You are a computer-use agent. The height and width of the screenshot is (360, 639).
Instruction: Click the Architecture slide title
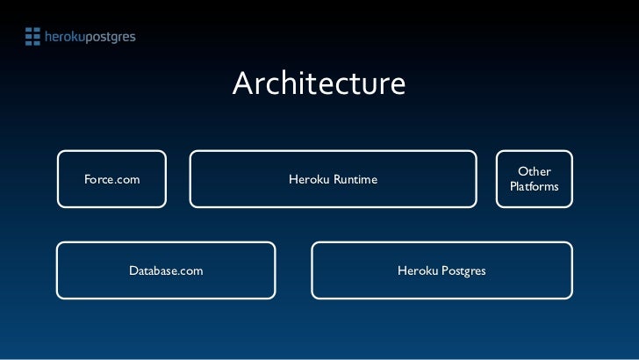pyautogui.click(x=319, y=83)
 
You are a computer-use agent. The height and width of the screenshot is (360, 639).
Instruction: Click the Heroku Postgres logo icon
pyautogui.click(x=32, y=36)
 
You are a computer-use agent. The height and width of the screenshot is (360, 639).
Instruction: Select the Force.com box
pyautogui.click(x=111, y=179)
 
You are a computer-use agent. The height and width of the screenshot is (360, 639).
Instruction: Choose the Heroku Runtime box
pyautogui.click(x=333, y=179)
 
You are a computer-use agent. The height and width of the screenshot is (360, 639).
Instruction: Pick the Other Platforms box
pyautogui.click(x=534, y=179)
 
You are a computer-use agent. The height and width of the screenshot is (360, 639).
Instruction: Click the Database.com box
pyautogui.click(x=166, y=270)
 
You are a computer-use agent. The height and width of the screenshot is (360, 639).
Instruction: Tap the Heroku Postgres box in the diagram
pyautogui.click(x=442, y=270)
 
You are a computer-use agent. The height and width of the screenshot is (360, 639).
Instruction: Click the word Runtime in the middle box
pyautogui.click(x=355, y=180)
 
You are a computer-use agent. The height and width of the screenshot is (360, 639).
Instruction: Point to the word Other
pyautogui.click(x=534, y=171)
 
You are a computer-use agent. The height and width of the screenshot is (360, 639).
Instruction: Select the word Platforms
pyautogui.click(x=534, y=187)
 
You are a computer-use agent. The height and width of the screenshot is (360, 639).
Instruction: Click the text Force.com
pyautogui.click(x=111, y=180)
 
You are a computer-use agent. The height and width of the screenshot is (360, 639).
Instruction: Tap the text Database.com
pyautogui.click(x=166, y=270)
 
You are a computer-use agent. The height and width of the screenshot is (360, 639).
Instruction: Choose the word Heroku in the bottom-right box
pyautogui.click(x=417, y=270)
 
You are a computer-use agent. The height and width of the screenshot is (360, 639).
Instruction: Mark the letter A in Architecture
pyautogui.click(x=244, y=83)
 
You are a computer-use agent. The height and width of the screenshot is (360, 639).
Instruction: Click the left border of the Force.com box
pyautogui.click(x=58, y=179)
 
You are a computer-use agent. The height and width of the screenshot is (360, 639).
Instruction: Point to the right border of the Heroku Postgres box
pyautogui.click(x=572, y=270)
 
